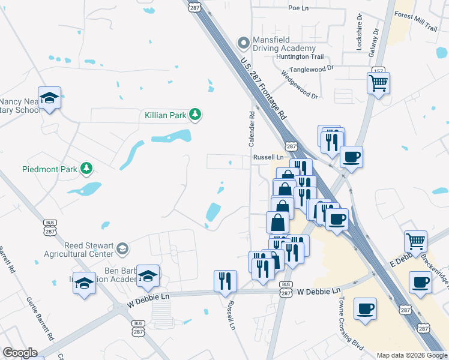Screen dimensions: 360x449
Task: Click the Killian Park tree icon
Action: (x=195, y=114)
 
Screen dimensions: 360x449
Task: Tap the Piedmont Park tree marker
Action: (x=88, y=169)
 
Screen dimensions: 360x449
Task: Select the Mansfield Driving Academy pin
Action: (x=244, y=43)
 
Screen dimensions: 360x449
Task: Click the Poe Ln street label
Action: (x=298, y=8)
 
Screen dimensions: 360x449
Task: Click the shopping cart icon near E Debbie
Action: (x=415, y=241)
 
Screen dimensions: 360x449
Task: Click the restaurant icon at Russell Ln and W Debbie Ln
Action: (x=225, y=280)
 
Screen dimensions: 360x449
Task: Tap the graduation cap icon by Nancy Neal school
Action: (x=50, y=97)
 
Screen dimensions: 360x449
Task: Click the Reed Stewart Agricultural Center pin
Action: (x=122, y=248)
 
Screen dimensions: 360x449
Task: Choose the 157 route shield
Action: (x=378, y=71)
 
